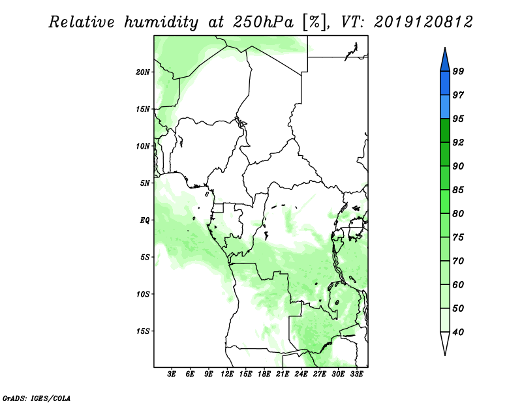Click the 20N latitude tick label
point(143,72)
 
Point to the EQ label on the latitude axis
point(145,220)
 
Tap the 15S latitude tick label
point(143,331)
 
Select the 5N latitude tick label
point(145,183)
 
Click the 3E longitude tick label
point(172,374)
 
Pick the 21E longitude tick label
point(283,374)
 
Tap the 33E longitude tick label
point(356,374)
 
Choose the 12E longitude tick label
point(226,374)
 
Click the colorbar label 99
point(458,71)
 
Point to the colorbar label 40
point(458,332)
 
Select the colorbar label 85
point(458,190)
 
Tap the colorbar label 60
point(458,284)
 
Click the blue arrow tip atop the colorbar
point(445,48)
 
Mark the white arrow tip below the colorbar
point(445,355)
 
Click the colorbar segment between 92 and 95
point(445,130)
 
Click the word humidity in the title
point(161,22)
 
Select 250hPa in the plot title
point(263,22)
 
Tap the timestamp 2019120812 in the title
point(423,22)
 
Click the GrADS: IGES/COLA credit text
point(37,398)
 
